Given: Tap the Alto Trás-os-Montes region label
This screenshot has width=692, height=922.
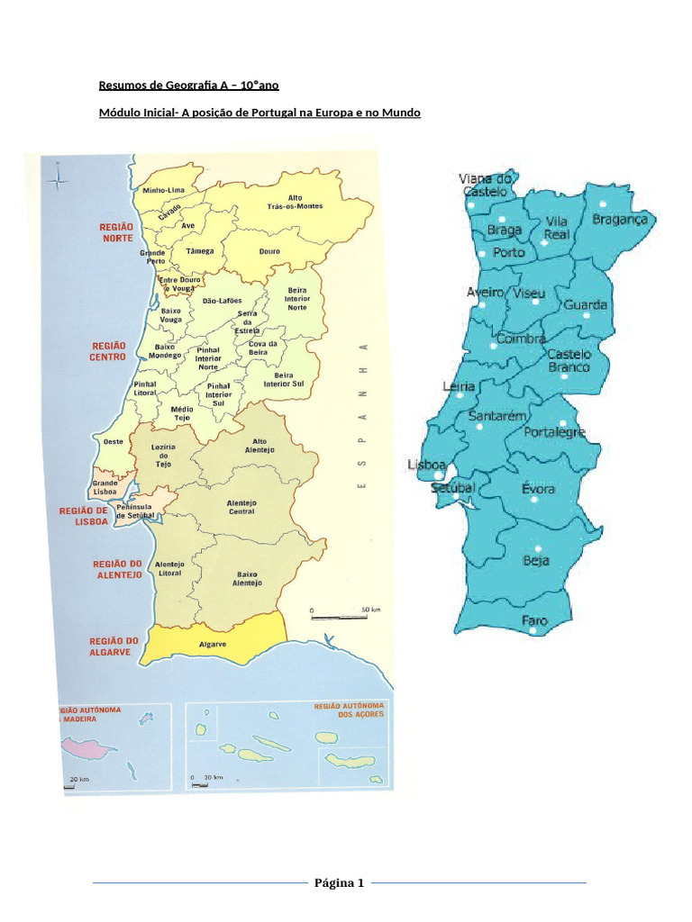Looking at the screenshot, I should coord(295,202).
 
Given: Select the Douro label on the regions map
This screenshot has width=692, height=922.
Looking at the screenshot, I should coord(269,252).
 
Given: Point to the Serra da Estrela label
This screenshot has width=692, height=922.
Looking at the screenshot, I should coord(247,322).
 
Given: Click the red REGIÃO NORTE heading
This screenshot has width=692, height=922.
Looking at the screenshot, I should coord(117,232).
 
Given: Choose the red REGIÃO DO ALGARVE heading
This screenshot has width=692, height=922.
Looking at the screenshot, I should coord(113,646).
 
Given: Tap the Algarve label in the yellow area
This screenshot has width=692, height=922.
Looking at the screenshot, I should coord(212,645).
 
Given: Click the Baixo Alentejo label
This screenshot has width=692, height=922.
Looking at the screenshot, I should coord(247,578).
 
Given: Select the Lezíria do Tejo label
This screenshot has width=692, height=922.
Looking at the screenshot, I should coord(163,455).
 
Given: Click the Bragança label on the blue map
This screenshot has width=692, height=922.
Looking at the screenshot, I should coord(620,219).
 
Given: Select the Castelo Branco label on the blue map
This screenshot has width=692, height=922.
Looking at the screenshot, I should coord(569,360).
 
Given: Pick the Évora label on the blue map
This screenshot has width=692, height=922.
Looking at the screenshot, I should coord(538,489).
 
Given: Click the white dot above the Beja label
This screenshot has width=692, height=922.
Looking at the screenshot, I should coord(538,548).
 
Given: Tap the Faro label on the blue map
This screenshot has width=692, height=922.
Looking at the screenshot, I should coord(534,620).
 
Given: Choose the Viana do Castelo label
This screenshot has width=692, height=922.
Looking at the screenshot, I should coord(487,185).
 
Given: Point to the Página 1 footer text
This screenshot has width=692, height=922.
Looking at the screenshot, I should coord(339,882).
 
